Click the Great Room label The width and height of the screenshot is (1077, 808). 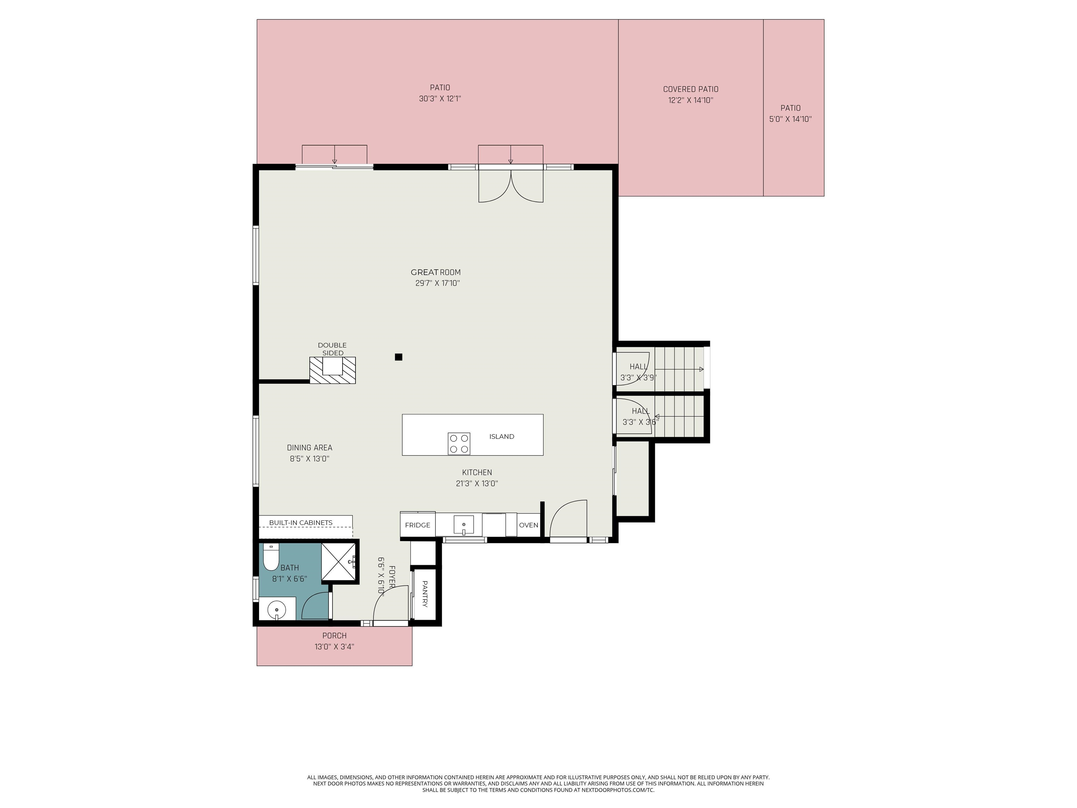pos(435,272)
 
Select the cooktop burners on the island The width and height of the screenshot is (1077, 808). pos(459,444)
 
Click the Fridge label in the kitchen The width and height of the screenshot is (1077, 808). pos(417,525)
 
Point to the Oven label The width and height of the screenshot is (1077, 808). pos(528,525)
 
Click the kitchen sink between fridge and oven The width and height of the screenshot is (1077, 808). pos(463,525)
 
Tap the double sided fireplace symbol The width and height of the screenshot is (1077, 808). pos(333,370)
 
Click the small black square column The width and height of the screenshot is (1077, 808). pos(398,357)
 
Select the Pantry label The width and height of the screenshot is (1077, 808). pos(425,594)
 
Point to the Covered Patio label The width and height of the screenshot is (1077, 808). pos(690,89)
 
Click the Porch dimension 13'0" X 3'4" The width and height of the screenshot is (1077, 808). pos(334,647)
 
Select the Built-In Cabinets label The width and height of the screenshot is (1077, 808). pos(300,523)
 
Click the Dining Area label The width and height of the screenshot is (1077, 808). pos(309,447)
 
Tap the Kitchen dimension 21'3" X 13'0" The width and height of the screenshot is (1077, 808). pos(477,484)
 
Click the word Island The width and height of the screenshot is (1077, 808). pos(501,436)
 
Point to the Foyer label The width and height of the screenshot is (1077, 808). pos(392,576)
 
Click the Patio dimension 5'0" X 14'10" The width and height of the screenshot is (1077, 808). pos(790,119)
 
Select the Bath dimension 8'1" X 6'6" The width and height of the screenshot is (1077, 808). pos(289,579)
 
